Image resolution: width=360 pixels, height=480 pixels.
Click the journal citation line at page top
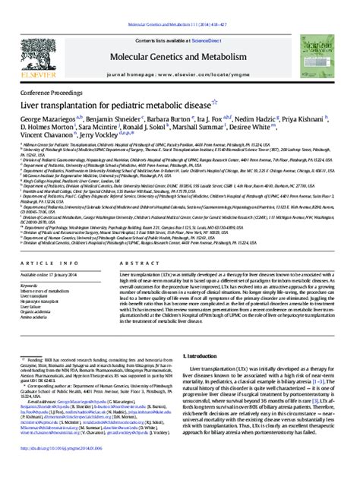180,5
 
